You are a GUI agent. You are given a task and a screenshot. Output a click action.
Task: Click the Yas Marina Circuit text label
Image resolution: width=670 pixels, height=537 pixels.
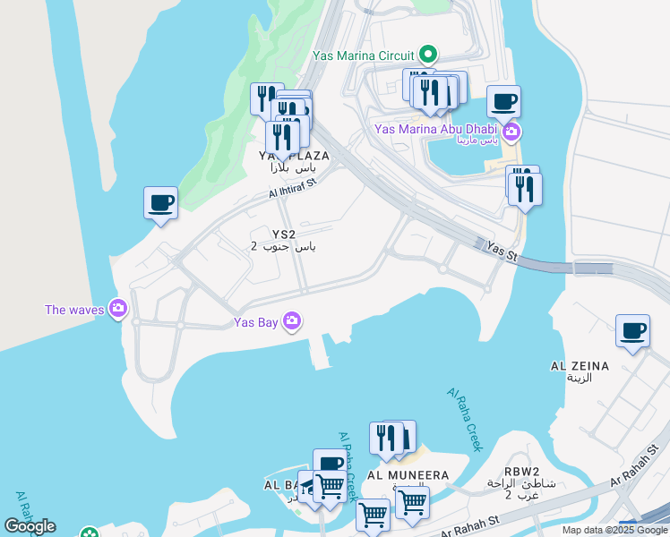click(x=365, y=55)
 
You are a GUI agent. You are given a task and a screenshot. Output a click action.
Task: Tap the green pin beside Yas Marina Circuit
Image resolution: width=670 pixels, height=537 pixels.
click(x=428, y=54)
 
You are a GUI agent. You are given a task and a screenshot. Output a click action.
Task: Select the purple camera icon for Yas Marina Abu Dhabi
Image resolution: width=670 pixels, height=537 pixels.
click(x=511, y=134)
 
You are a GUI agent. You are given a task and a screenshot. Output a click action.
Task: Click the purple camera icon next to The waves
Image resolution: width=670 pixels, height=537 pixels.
click(x=118, y=310)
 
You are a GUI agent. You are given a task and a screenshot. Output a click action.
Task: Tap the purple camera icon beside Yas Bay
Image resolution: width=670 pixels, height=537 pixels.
click(x=292, y=320)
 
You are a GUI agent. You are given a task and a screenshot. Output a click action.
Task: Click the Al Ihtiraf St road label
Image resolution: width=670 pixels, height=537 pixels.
click(x=294, y=187)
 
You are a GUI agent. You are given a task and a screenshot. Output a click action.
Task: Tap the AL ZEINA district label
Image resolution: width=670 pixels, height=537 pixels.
click(x=580, y=366)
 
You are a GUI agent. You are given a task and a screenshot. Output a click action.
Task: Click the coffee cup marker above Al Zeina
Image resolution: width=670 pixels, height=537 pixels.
click(x=632, y=331)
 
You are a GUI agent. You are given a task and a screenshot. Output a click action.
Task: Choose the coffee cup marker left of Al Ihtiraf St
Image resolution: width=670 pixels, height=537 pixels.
click(x=161, y=203)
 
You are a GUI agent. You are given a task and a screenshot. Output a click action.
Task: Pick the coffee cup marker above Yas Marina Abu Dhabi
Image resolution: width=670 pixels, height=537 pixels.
click(x=503, y=102)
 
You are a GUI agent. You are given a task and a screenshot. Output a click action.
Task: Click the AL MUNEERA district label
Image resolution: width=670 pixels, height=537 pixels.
click(x=408, y=474)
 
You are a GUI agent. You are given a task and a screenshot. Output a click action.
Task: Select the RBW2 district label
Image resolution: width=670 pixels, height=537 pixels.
click(x=521, y=472)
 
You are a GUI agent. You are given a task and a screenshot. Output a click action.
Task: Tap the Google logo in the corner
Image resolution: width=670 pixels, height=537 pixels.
click(x=30, y=526)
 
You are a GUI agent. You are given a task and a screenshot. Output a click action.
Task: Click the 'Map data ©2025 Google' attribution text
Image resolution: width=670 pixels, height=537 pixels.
click(x=614, y=530)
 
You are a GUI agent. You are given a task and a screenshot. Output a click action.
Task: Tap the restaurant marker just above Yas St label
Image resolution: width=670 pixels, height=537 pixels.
click(x=525, y=189)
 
